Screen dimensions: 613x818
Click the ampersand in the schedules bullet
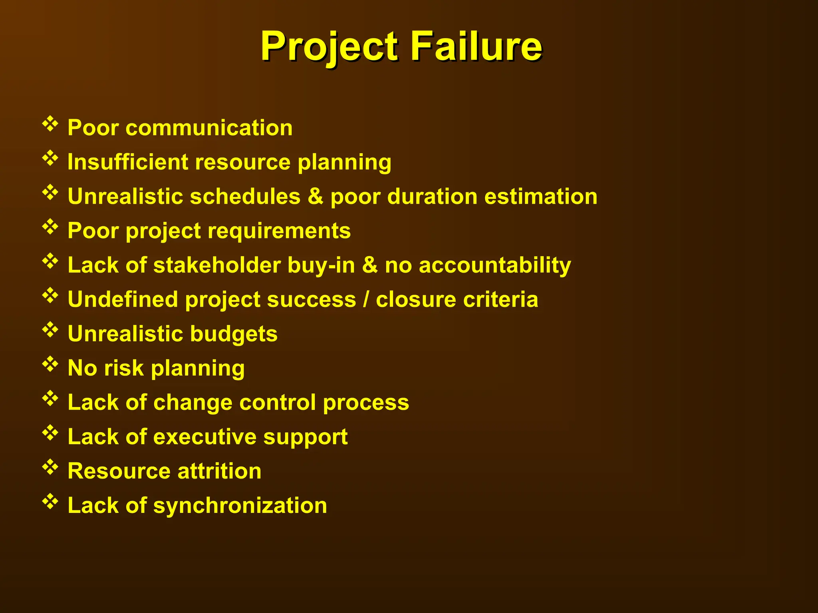[x=316, y=196]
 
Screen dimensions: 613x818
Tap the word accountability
[x=494, y=265]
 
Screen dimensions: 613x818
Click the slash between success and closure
[x=365, y=299]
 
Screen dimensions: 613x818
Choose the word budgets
[x=233, y=334]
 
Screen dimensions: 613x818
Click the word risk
[x=124, y=368]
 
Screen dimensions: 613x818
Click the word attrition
[x=219, y=471]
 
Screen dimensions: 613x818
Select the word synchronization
[x=240, y=505]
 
